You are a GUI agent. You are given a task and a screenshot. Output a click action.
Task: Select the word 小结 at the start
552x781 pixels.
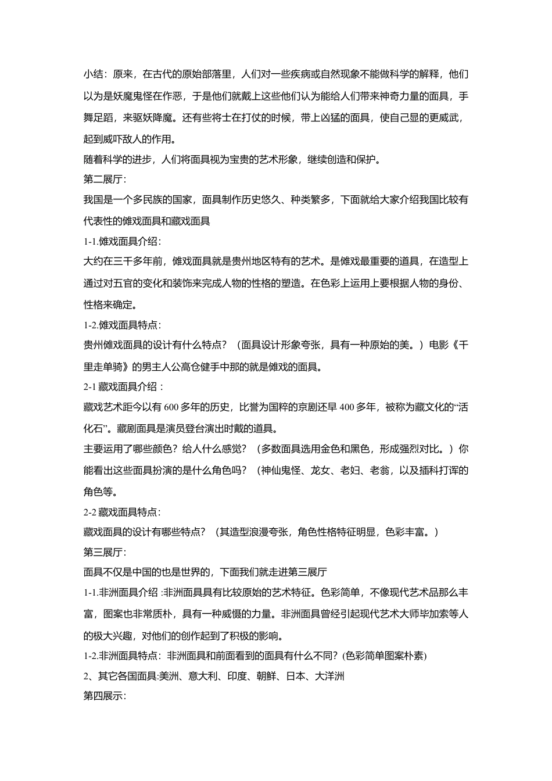(x=94, y=74)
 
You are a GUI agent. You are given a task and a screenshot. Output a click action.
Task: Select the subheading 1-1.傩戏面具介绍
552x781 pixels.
(x=123, y=241)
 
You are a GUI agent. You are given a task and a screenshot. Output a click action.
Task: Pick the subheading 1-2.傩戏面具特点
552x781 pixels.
(x=123, y=325)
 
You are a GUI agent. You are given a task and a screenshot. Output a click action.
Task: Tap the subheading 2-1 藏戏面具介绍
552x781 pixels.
(x=124, y=386)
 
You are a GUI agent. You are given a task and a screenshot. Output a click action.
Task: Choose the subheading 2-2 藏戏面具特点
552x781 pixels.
(x=123, y=512)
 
